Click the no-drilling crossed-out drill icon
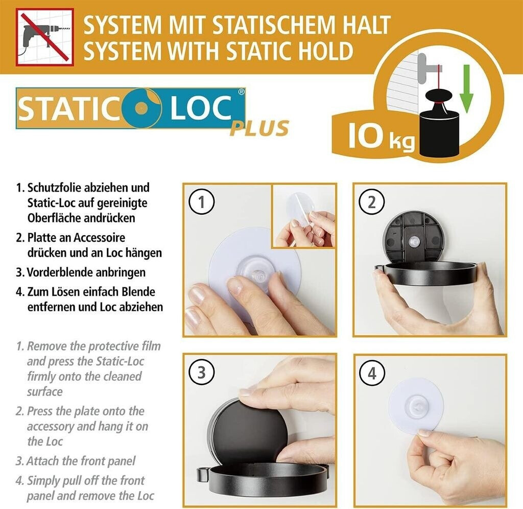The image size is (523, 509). tap(45, 37)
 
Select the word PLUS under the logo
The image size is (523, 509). tap(259, 128)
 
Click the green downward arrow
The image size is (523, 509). tap(466, 89)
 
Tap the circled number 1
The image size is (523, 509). tap(201, 201)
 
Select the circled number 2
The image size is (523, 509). tap(372, 201)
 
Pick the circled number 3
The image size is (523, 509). tap(201, 373)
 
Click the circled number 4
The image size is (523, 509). tap(372, 373)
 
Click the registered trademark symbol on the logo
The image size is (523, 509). tap(241, 92)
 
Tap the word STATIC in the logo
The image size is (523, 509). tap(69, 108)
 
